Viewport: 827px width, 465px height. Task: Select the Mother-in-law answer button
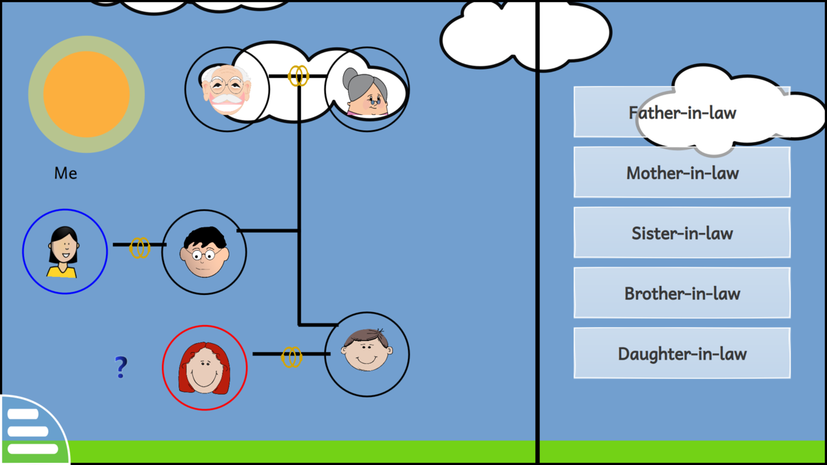coord(682,172)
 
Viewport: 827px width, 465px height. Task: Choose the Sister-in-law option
coord(682,233)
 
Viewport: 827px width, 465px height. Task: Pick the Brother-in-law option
coord(682,293)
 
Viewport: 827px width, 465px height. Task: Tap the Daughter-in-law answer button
coord(682,353)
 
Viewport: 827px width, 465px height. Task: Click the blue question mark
coord(121,368)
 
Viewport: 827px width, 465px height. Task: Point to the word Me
coord(65,174)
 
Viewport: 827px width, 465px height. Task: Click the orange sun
coord(86,94)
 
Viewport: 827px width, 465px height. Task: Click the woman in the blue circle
coord(64,251)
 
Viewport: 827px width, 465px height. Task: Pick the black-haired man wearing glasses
coord(203,252)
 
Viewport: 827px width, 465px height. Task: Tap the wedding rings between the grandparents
coord(298,76)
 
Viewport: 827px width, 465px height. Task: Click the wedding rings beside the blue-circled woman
coord(140,247)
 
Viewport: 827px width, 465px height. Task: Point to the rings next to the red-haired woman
coord(292,357)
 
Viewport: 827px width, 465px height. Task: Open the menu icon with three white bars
coord(32,432)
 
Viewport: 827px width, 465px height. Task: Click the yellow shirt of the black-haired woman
coord(62,271)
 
